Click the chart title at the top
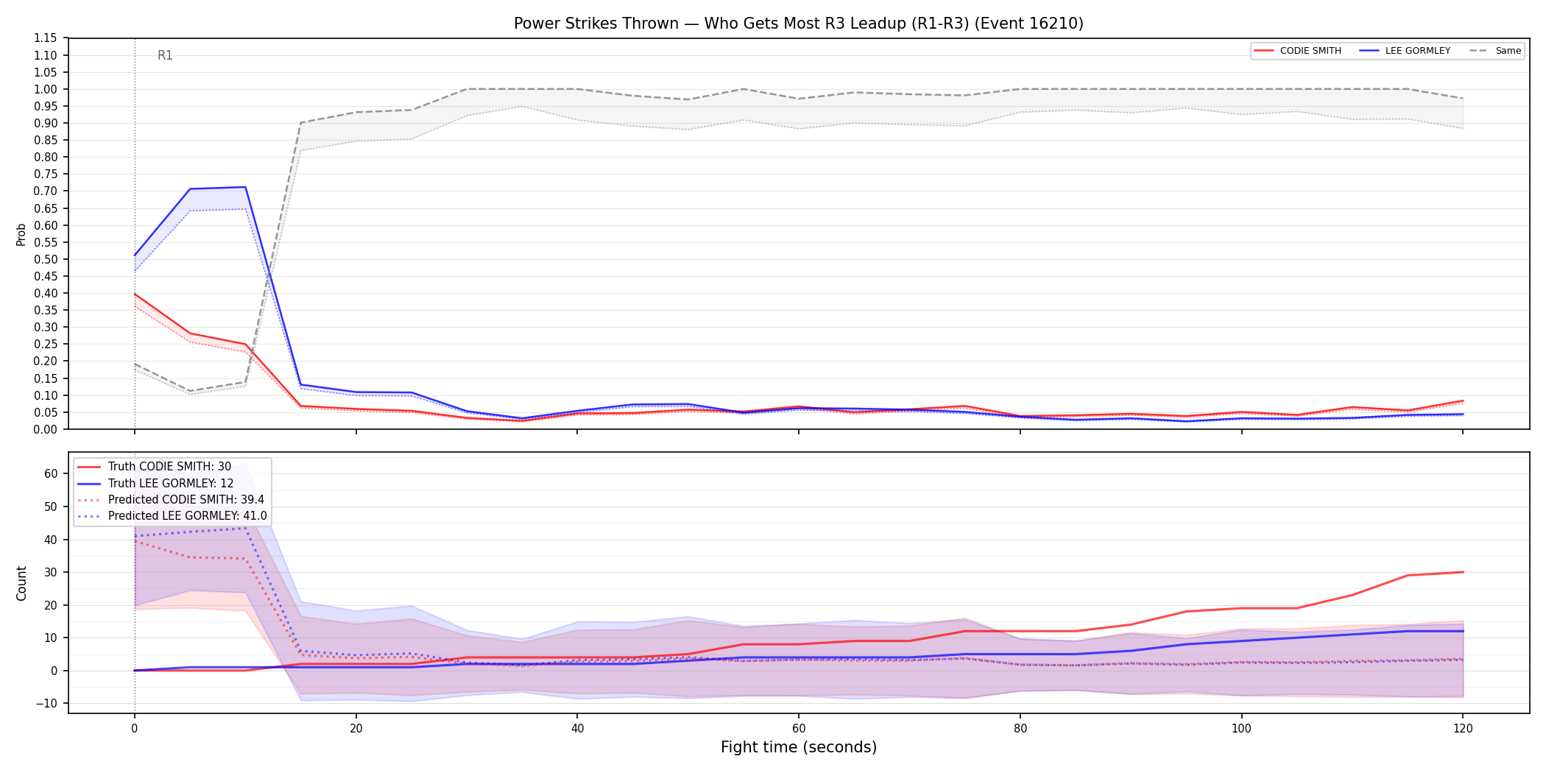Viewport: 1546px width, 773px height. pos(799,24)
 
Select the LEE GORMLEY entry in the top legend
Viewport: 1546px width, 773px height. pos(1405,51)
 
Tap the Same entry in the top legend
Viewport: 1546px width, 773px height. pos(1495,51)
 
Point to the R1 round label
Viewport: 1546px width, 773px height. pos(165,55)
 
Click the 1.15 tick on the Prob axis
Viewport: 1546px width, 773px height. pos(46,38)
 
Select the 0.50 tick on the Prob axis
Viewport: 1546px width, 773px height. pos(46,259)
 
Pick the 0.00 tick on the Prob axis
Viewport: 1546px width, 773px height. pos(46,429)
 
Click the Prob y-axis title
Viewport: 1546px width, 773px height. pos(21,234)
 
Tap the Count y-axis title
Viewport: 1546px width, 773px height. pos(21,583)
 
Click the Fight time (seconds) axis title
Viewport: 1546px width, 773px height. pos(799,747)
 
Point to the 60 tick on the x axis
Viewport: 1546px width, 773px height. pos(799,729)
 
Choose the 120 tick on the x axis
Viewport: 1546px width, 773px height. pos(1463,729)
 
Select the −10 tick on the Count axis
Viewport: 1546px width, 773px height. pos(46,703)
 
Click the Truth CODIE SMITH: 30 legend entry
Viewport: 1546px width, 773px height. pos(155,467)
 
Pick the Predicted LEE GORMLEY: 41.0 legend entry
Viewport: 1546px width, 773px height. pos(172,516)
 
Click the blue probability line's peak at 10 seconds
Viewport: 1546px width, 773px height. pos(245,187)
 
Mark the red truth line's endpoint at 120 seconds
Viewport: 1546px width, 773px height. pos(1463,572)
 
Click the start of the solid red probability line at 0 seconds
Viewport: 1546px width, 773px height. pos(135,294)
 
